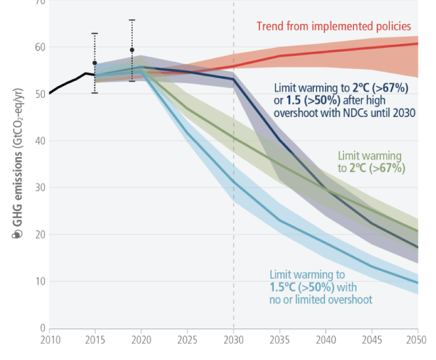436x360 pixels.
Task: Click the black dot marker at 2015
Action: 95,63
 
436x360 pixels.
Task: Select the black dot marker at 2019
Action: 132,50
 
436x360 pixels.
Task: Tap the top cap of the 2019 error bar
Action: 132,20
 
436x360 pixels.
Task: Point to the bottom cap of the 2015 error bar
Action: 95,93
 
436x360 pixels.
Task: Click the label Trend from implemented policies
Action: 334,27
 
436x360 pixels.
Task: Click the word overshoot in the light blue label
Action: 349,300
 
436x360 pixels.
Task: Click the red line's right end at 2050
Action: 417,44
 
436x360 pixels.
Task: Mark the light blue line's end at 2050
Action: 417,283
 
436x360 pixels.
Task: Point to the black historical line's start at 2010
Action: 50,93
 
